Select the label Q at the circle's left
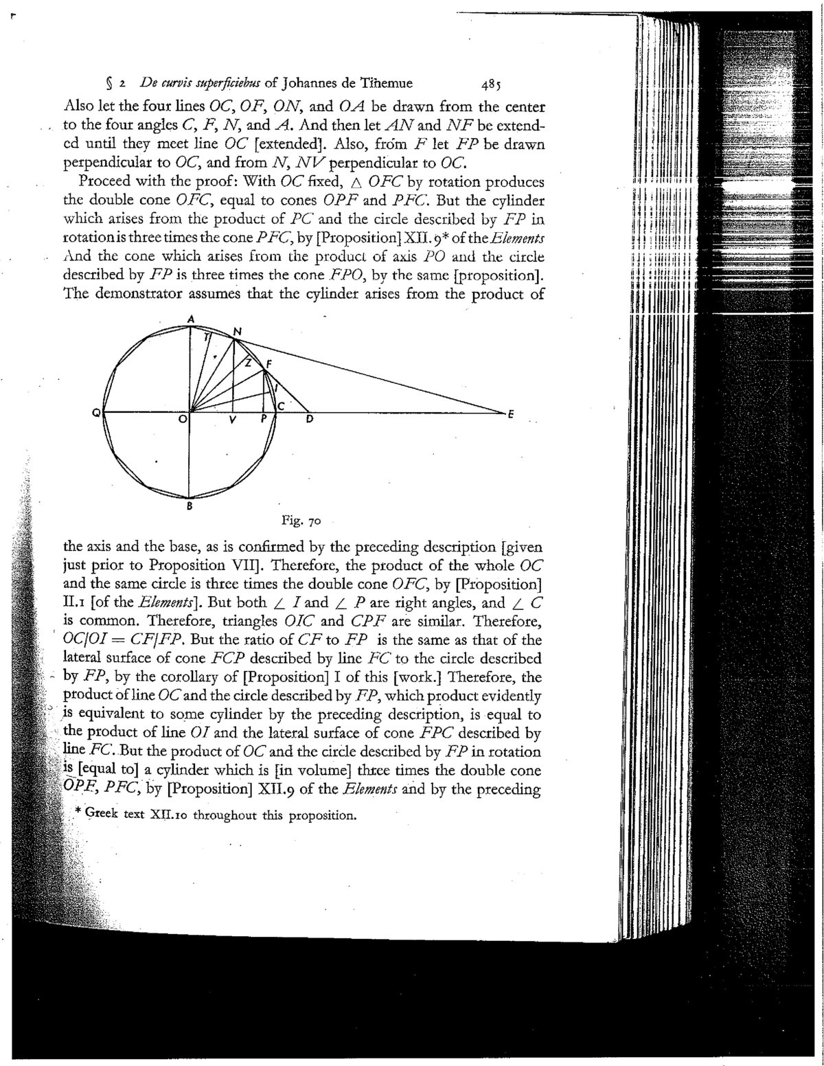pos(98,412)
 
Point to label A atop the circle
pos(192,319)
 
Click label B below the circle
pos(190,508)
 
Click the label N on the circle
pos(238,332)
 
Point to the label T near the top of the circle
pos(206,337)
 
